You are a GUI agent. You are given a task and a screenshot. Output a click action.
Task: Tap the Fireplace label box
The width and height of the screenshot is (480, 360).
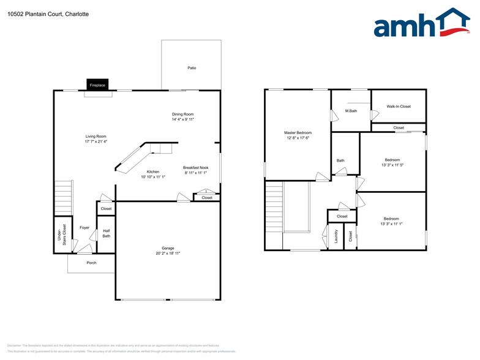tap(98, 86)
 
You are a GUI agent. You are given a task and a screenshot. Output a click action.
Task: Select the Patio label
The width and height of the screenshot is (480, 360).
tap(192, 68)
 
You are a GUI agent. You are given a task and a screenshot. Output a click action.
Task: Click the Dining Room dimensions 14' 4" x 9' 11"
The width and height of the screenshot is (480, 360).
tap(183, 120)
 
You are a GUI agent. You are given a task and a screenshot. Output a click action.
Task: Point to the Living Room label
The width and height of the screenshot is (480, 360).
tap(96, 136)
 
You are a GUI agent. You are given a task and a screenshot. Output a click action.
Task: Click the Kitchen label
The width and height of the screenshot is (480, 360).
tap(153, 171)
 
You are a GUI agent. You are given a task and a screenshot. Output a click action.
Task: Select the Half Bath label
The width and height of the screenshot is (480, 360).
tap(107, 233)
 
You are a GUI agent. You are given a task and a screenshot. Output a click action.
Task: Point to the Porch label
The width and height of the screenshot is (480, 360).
tap(91, 263)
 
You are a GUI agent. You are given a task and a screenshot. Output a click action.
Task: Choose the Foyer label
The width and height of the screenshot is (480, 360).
tap(84, 228)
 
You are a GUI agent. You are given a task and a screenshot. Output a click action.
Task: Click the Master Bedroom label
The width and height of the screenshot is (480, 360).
tap(298, 133)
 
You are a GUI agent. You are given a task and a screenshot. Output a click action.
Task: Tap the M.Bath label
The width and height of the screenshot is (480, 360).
tap(351, 111)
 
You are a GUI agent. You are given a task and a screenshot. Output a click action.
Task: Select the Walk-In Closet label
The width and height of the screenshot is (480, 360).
tap(399, 107)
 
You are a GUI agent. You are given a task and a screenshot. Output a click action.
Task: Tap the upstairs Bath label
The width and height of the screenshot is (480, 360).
tap(340, 161)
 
